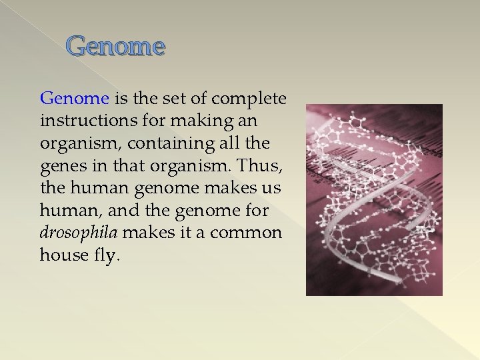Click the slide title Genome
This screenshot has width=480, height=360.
(x=115, y=47)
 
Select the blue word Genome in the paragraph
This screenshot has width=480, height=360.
(x=74, y=99)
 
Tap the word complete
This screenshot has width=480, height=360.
(x=251, y=99)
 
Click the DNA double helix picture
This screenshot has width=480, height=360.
(x=373, y=199)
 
